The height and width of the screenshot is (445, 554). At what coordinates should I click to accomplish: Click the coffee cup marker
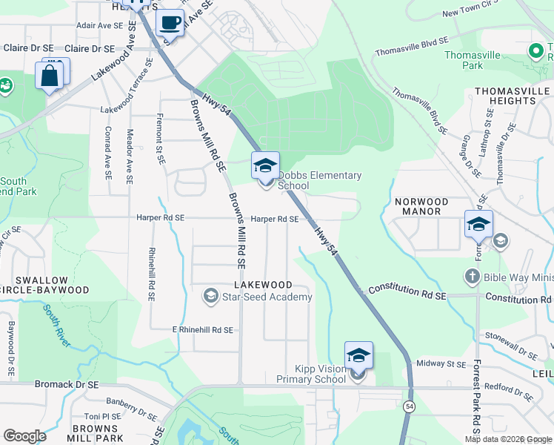tap(170, 22)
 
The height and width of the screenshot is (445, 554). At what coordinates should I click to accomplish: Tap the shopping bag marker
tap(49, 76)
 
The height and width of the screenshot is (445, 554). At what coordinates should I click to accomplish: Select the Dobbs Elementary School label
tap(319, 180)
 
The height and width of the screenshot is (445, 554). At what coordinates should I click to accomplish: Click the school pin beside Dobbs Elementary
tap(265, 166)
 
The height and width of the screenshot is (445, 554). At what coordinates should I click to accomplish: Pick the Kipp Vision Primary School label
tap(311, 374)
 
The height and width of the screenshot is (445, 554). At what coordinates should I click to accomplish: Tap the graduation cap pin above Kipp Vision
tap(358, 356)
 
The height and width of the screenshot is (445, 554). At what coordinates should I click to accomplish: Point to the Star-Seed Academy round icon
tap(210, 297)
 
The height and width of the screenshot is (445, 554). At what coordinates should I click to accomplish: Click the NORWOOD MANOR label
tap(422, 206)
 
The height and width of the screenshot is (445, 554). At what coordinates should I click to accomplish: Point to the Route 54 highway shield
tap(409, 406)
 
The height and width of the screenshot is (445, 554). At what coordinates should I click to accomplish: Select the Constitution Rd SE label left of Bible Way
tap(407, 291)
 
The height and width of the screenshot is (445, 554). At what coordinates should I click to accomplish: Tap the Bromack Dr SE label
tap(67, 385)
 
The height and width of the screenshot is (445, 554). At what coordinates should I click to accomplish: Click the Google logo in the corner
tap(24, 436)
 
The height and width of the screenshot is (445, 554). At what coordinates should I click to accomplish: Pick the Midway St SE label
tap(441, 363)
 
